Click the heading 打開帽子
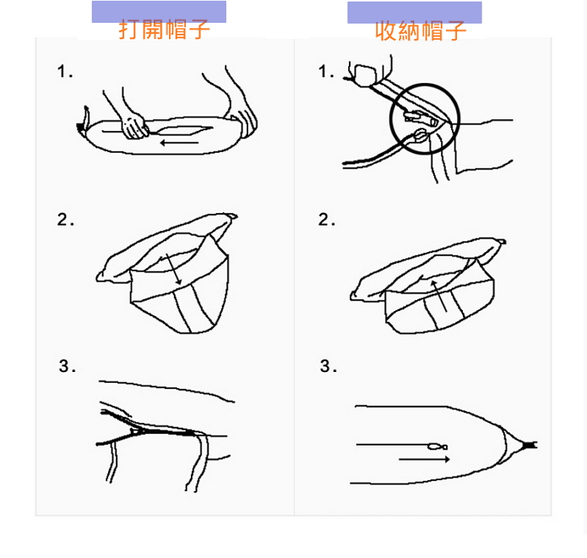click(164, 30)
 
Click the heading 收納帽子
click(421, 30)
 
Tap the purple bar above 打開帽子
click(159, 11)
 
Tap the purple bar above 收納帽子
click(415, 12)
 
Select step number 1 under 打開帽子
click(64, 71)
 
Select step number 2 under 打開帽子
click(65, 219)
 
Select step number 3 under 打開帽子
click(67, 366)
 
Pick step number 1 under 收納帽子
click(326, 71)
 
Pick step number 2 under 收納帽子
click(327, 219)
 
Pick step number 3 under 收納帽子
click(329, 366)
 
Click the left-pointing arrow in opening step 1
click(179, 143)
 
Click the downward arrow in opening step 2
click(173, 269)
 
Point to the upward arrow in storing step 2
click(438, 296)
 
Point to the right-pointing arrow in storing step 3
click(424, 459)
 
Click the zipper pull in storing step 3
click(438, 446)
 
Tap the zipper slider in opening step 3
click(136, 431)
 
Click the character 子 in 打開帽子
click(198, 30)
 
